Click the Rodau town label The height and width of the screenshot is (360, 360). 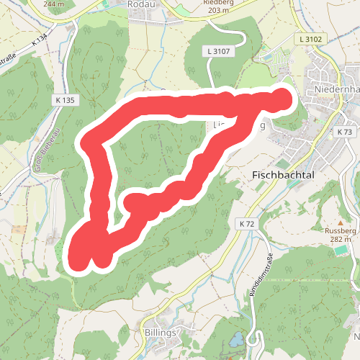(x=140, y=4)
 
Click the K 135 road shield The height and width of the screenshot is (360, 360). (x=64, y=100)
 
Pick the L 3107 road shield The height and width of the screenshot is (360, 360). (x=217, y=51)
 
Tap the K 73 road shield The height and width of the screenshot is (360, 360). (x=344, y=132)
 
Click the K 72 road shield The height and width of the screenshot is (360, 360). (x=246, y=224)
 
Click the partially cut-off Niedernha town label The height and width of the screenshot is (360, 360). (x=336, y=89)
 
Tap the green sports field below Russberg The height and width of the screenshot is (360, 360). (x=338, y=251)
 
